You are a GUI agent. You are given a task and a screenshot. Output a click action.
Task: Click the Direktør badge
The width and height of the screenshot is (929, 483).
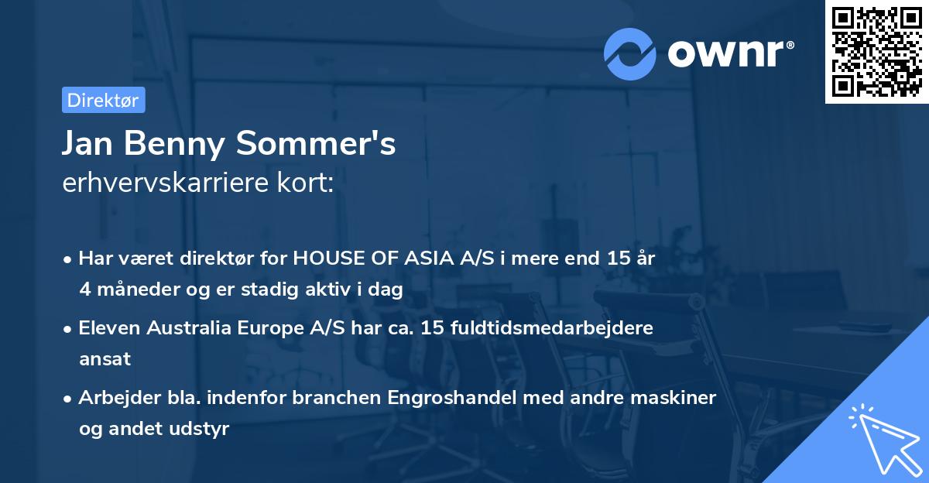(103, 100)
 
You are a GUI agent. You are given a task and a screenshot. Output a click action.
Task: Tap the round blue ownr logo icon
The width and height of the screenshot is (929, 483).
(630, 53)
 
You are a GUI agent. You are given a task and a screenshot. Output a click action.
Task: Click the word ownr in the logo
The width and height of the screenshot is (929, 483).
(727, 53)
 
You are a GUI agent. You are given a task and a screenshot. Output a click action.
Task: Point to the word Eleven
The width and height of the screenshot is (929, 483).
(109, 328)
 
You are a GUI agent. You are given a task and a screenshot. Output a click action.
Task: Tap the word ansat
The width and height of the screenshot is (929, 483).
(105, 359)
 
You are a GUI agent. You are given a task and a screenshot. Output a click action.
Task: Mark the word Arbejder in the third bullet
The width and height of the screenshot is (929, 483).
(115, 398)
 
